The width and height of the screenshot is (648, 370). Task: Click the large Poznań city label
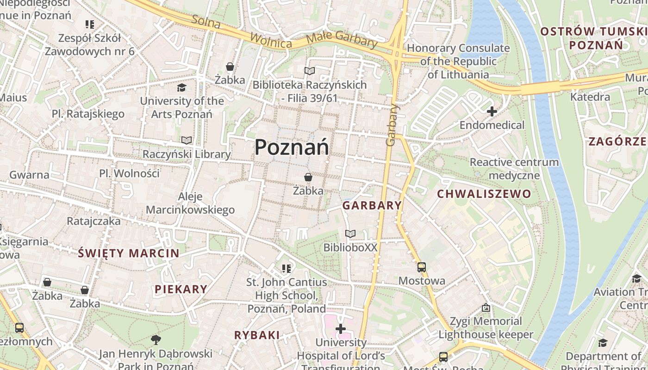tap(292, 147)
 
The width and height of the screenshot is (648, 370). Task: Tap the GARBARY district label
tap(372, 206)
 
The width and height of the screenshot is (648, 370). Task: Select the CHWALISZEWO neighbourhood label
tap(484, 194)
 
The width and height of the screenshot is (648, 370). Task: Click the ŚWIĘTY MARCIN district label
tap(128, 253)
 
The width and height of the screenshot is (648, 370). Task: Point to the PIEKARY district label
tap(181, 290)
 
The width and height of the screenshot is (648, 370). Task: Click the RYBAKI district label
tap(257, 335)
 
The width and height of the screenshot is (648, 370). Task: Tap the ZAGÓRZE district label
tap(617, 142)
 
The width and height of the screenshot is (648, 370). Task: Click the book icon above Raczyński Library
tap(187, 140)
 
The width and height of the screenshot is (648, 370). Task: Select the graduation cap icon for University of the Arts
tap(181, 87)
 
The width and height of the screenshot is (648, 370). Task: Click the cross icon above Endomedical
tap(492, 111)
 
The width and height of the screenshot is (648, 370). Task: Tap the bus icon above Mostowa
tap(421, 267)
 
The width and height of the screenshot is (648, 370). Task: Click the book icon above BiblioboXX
tap(350, 234)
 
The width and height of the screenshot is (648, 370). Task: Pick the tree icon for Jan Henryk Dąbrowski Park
tap(156, 340)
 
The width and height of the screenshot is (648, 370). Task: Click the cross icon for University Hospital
tap(341, 329)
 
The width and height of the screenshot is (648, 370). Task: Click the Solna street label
tap(206, 21)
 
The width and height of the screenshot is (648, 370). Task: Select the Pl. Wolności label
tap(129, 173)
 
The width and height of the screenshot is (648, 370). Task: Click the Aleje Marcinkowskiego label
tap(190, 203)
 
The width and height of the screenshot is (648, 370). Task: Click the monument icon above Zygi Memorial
tap(486, 308)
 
